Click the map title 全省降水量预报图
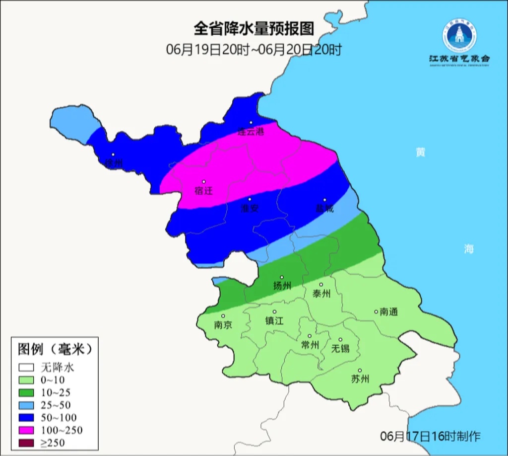(x=254, y=28)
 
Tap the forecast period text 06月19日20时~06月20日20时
(x=254, y=50)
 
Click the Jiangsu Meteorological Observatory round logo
(x=459, y=36)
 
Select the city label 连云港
(x=251, y=132)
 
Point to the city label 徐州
(x=114, y=163)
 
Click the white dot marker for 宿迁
(x=203, y=182)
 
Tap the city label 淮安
(x=250, y=209)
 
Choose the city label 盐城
(x=325, y=209)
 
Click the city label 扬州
(x=282, y=286)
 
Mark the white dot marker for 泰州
(x=321, y=285)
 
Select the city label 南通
(x=389, y=312)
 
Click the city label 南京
(x=223, y=325)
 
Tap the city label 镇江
(x=274, y=321)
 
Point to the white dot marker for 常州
(x=310, y=336)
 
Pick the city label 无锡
(x=340, y=348)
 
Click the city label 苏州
(x=360, y=380)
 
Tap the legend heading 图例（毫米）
(x=55, y=349)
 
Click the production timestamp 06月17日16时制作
(x=430, y=437)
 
